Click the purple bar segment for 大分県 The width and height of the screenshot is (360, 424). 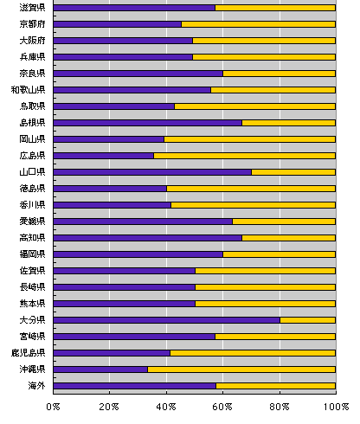click(x=166, y=320)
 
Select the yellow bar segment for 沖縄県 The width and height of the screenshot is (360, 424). click(x=241, y=369)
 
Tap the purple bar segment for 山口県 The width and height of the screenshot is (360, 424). click(x=152, y=172)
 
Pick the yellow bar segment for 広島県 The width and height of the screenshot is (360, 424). click(x=244, y=156)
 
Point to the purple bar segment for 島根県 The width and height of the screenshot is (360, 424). click(x=148, y=123)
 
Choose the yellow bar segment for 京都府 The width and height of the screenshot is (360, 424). click(x=258, y=24)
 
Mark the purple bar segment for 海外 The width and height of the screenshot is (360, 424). click(x=134, y=386)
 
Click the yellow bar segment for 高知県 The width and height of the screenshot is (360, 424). click(x=289, y=238)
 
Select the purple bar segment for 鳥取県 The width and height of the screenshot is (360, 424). click(x=114, y=106)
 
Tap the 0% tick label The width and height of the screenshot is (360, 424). click(x=53, y=407)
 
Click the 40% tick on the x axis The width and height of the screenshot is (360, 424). click(x=166, y=407)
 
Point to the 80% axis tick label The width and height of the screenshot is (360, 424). click(x=280, y=407)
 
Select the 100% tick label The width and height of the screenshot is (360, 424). click(x=336, y=407)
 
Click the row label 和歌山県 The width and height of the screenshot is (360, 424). click(x=29, y=90)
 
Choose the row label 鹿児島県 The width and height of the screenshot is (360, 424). click(x=29, y=353)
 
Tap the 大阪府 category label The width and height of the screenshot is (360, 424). click(x=32, y=41)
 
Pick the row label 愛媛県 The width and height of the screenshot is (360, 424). click(x=32, y=222)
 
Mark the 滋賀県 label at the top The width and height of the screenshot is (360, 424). click(x=32, y=8)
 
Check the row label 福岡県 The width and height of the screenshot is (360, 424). click(x=32, y=254)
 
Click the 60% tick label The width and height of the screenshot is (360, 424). click(x=222, y=407)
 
